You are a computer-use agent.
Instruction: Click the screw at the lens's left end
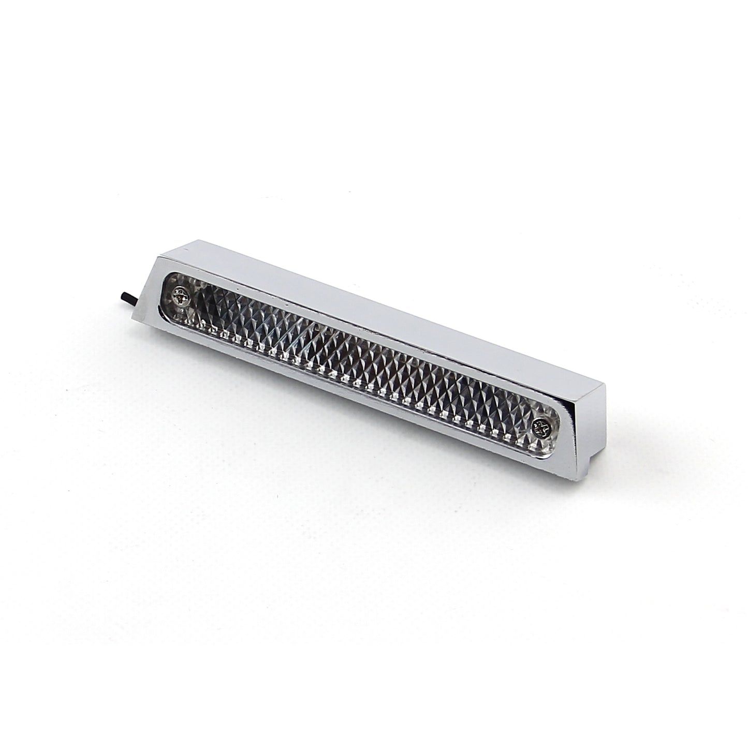click(183, 297)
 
